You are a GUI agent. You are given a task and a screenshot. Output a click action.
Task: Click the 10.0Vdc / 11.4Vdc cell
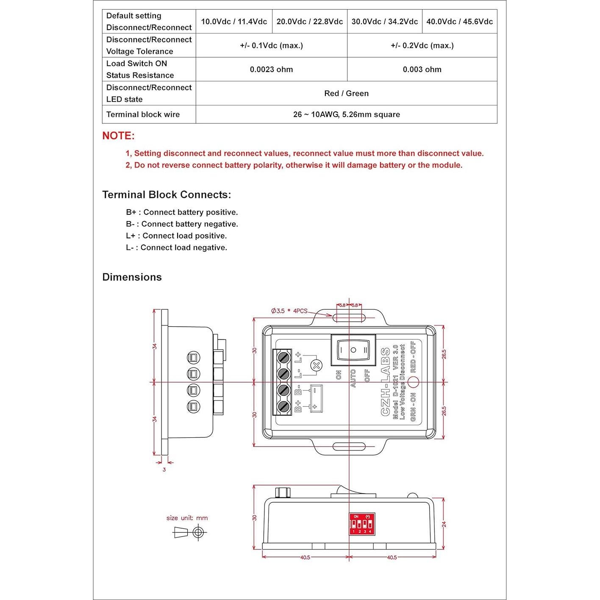tap(234, 22)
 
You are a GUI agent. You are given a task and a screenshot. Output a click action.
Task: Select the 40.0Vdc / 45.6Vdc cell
tap(459, 22)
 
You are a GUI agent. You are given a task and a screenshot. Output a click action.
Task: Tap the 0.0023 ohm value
tap(271, 69)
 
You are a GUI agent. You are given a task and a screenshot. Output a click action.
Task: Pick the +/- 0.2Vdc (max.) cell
tap(422, 46)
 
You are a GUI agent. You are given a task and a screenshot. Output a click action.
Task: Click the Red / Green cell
tap(346, 93)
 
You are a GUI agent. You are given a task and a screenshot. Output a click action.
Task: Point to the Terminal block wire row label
tap(143, 114)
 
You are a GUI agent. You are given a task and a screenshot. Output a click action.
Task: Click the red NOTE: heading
tap(118, 136)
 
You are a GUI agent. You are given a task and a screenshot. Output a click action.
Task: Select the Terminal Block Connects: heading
tap(167, 194)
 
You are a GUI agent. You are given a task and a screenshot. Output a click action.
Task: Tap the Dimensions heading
tap(132, 277)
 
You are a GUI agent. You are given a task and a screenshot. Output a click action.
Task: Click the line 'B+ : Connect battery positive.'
tap(182, 212)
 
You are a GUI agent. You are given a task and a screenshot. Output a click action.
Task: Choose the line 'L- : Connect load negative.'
tap(176, 247)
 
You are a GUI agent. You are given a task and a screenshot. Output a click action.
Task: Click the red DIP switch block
tap(362, 524)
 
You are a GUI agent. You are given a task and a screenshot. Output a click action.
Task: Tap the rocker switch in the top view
tap(353, 350)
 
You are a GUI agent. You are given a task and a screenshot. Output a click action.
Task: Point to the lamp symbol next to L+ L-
tap(316, 365)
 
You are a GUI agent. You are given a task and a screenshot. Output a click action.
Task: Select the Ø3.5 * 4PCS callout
tap(289, 311)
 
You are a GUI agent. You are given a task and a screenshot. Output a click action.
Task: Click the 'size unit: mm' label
tap(187, 518)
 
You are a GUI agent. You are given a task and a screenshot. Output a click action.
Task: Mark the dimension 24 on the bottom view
tap(444, 524)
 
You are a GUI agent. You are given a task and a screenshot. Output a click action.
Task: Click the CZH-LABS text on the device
tap(385, 382)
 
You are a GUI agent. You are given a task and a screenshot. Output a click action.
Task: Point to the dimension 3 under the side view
tap(164, 469)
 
